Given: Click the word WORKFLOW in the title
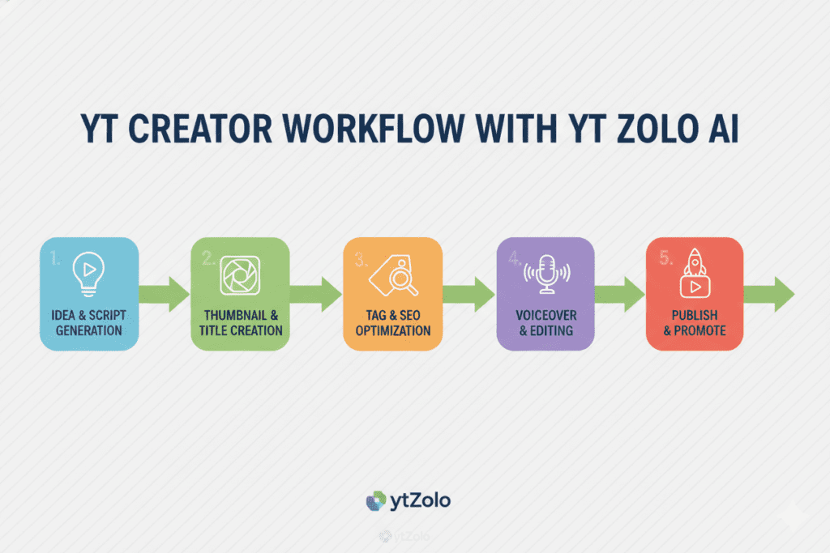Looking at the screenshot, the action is click(x=373, y=129).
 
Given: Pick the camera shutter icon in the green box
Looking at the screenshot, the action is click(x=240, y=275).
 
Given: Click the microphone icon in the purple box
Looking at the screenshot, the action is click(x=547, y=274).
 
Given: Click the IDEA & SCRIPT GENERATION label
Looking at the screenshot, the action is click(x=89, y=322).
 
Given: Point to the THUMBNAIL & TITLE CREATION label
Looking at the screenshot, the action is click(x=241, y=322).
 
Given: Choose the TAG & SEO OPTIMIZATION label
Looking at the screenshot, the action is click(x=393, y=322).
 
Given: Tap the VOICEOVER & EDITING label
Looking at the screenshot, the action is click(x=546, y=322).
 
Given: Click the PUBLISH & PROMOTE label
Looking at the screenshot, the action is click(x=695, y=322).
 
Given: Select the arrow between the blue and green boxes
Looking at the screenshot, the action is click(x=164, y=294).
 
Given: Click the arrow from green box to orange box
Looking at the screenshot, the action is click(x=316, y=294).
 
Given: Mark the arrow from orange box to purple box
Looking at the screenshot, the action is click(x=469, y=294).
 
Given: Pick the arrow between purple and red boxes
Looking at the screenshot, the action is click(x=619, y=294).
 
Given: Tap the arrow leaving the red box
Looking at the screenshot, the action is click(x=769, y=294).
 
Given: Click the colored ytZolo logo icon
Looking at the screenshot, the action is click(x=376, y=500).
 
